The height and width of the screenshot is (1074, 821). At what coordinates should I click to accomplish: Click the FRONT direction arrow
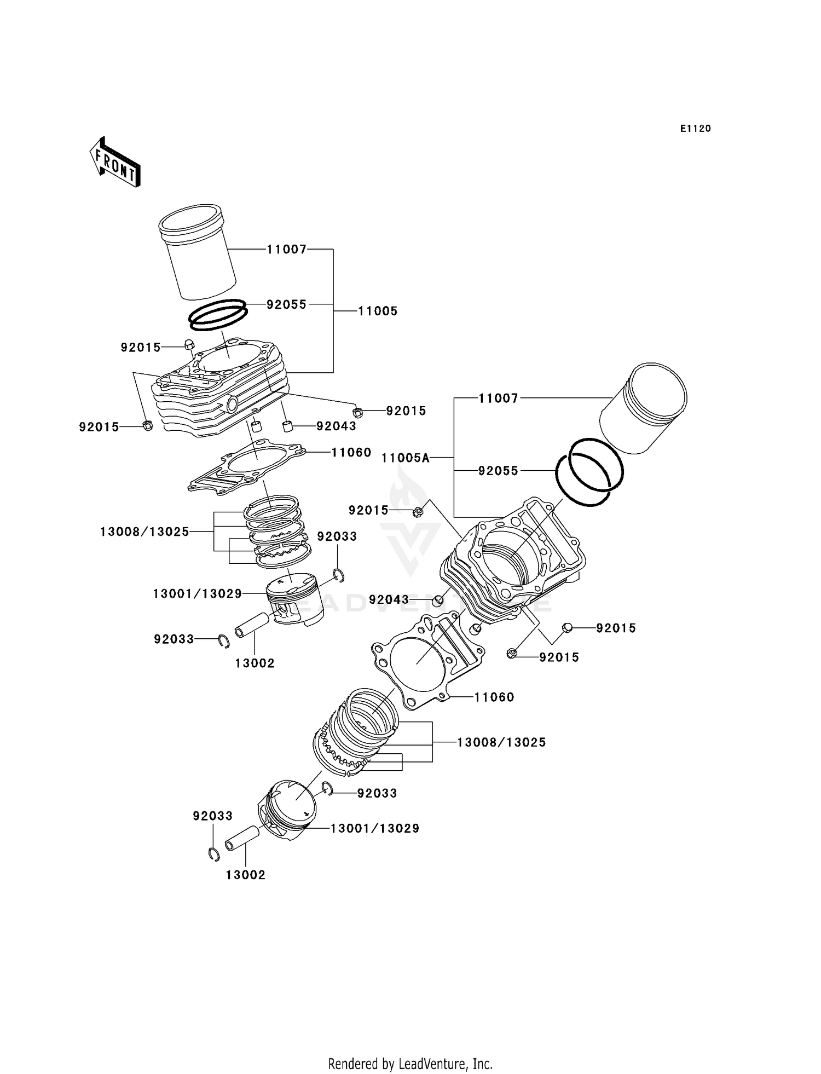(115, 163)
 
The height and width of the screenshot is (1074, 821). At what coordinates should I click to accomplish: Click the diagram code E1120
(695, 129)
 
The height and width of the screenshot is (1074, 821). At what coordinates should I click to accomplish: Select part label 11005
(378, 311)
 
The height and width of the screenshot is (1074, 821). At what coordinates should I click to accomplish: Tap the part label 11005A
(406, 458)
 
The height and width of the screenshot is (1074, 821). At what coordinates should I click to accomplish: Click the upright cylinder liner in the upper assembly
(198, 253)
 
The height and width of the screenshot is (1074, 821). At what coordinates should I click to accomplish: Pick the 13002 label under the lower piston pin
(245, 875)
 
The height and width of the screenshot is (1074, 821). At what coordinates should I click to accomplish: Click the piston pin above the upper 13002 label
(251, 625)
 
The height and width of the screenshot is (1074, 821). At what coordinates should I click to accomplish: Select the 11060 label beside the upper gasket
(351, 453)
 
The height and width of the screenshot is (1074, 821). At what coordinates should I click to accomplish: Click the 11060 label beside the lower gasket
(494, 697)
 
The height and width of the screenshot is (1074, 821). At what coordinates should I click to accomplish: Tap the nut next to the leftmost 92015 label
(147, 425)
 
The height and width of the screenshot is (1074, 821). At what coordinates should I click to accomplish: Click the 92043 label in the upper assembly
(336, 426)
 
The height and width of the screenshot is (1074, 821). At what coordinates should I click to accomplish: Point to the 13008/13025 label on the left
(144, 532)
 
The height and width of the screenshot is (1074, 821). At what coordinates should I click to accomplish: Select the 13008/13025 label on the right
(501, 743)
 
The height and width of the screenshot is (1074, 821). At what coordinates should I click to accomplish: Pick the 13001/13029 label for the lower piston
(375, 829)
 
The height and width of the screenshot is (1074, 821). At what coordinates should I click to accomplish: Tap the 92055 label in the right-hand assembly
(498, 471)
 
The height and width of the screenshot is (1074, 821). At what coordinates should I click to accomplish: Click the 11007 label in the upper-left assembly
(286, 250)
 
